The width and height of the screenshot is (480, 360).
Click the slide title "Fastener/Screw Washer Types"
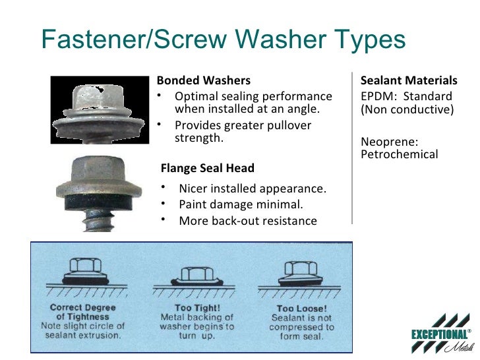(x=223, y=41)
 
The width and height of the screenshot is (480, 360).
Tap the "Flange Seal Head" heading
(x=208, y=168)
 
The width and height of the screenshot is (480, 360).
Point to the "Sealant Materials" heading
(x=409, y=81)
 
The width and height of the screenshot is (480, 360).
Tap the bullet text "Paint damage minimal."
(x=241, y=204)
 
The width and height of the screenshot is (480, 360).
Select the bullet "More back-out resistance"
(x=247, y=220)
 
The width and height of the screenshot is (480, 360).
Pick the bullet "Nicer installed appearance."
(x=252, y=189)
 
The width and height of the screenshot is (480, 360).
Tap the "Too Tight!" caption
(x=193, y=307)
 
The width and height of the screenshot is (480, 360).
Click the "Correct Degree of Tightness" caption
(x=82, y=312)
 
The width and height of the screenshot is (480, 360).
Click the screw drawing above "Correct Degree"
(x=84, y=272)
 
